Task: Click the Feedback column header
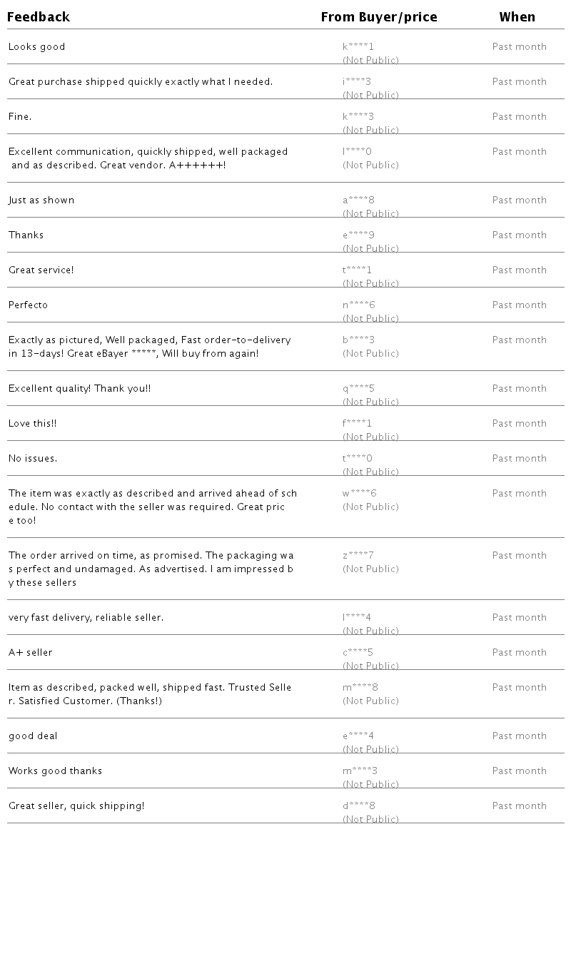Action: click(x=39, y=17)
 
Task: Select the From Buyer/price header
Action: click(x=379, y=17)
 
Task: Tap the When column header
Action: click(x=517, y=17)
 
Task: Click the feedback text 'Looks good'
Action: click(x=37, y=47)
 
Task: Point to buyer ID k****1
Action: click(x=358, y=47)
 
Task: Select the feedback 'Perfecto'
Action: click(x=29, y=305)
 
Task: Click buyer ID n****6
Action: click(x=359, y=305)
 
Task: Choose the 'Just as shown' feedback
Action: click(x=41, y=200)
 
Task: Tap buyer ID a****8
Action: click(x=359, y=200)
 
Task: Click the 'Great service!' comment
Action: click(x=41, y=270)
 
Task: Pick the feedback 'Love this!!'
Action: click(x=33, y=424)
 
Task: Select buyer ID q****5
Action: click(x=358, y=389)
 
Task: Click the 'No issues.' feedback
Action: click(x=33, y=459)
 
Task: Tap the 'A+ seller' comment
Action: click(x=31, y=653)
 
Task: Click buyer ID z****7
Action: click(x=358, y=556)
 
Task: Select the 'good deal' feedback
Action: click(x=33, y=736)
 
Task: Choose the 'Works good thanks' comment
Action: click(x=56, y=771)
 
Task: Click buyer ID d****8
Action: click(x=359, y=806)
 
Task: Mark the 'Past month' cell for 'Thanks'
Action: click(x=520, y=235)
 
